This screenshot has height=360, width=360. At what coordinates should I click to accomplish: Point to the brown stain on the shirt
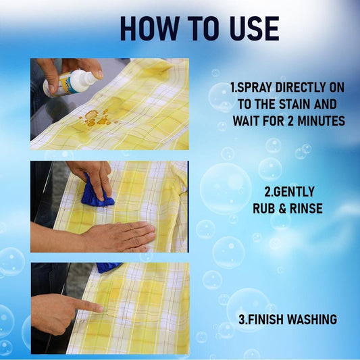[x=95, y=119]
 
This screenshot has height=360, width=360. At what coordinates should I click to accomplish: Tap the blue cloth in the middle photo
[x=97, y=193]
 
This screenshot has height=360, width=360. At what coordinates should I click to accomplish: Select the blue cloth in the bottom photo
[x=109, y=267]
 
